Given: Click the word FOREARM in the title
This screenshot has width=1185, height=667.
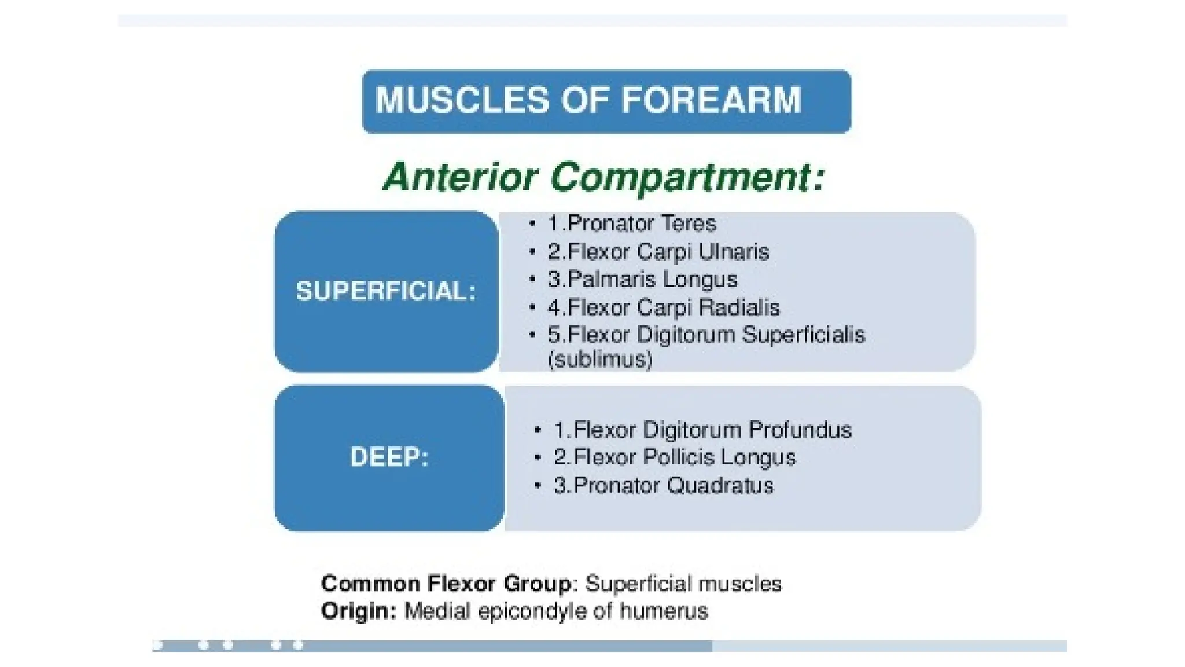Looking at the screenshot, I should click(x=712, y=100).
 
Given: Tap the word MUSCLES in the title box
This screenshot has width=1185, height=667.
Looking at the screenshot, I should click(x=461, y=100).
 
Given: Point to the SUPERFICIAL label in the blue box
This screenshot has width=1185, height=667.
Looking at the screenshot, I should click(x=385, y=291).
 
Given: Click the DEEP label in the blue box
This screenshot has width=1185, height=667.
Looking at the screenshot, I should click(x=389, y=457).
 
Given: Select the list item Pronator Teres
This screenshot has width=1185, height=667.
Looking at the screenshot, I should click(x=632, y=223).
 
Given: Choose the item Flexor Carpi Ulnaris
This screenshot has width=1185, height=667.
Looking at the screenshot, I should click(x=658, y=252).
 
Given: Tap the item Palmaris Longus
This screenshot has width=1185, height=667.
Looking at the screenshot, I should click(x=642, y=280).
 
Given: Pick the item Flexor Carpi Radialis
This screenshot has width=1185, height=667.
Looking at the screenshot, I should click(x=664, y=307).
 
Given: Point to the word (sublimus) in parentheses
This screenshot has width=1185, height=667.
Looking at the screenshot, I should click(x=600, y=360).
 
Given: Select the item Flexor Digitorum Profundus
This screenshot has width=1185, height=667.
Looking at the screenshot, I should click(x=702, y=430).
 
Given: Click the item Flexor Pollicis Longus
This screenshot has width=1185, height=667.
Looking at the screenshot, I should click(x=675, y=457).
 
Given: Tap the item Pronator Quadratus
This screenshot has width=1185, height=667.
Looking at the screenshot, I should click(x=663, y=485).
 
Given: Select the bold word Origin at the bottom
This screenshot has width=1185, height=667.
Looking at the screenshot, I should click(x=359, y=611).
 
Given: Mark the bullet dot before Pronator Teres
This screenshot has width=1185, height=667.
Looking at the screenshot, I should click(x=532, y=224).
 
